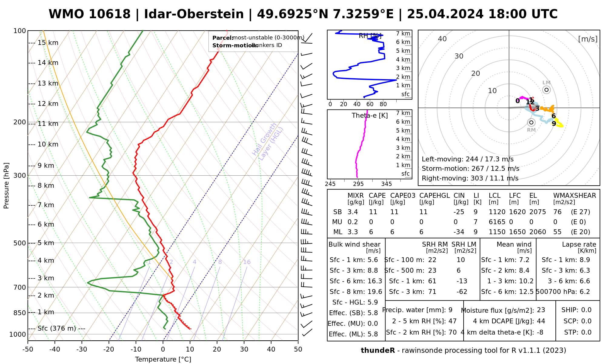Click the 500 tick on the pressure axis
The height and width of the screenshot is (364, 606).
pos(20,243)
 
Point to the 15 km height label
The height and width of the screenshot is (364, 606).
pos(48,43)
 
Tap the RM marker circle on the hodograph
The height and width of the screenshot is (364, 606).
pos(531,123)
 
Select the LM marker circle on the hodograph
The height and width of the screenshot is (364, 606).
pos(546,90)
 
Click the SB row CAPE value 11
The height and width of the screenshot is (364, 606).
pos(373,212)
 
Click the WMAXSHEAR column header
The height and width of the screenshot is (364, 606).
pos(574,196)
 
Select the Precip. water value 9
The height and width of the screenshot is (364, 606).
pos(450,310)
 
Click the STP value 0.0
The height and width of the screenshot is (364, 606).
pos(586,332)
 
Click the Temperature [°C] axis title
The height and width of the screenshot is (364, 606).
pos(163,359)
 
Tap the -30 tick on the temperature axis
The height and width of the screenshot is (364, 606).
pos(82,349)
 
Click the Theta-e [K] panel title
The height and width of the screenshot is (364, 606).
pos(370,116)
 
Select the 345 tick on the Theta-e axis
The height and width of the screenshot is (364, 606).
pos(386,184)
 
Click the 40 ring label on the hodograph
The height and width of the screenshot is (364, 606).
pos(442,39)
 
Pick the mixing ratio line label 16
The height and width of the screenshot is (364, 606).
pos(247,262)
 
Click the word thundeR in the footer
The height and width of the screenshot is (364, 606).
pos(378,351)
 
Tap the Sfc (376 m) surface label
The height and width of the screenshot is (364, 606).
pos(57,329)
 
